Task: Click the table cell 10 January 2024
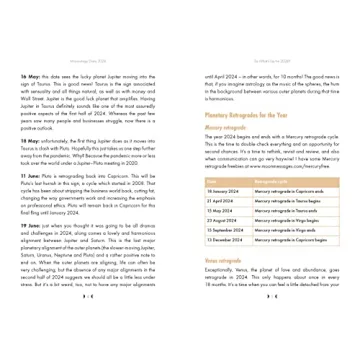[x=223, y=191]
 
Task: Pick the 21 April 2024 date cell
[x=221, y=201]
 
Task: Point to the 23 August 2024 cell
[x=223, y=221]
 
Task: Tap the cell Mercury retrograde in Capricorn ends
[x=286, y=191]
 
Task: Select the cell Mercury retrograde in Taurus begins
[x=286, y=201]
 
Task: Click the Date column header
[x=213, y=180]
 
